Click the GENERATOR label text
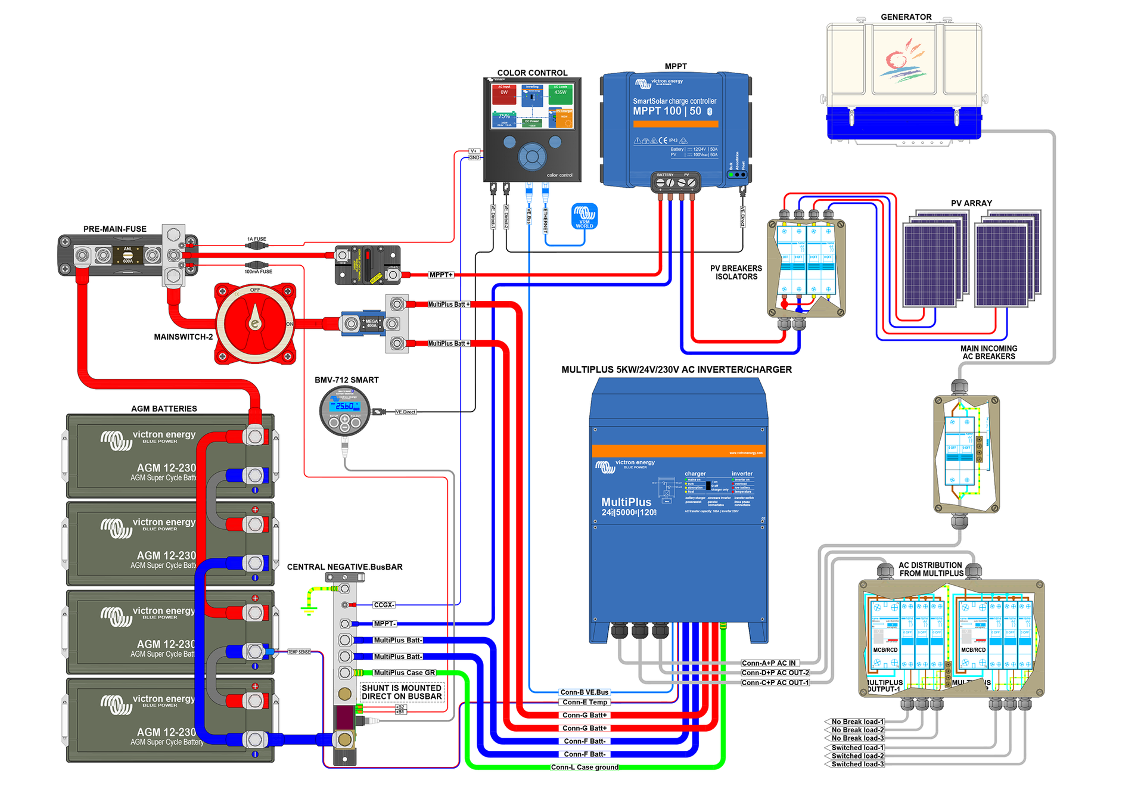coord(906,17)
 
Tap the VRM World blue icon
coord(585,216)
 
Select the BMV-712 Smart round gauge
coord(345,411)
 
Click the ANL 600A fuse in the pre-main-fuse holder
coord(128,256)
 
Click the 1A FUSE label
coord(257,239)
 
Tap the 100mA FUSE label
coord(258,272)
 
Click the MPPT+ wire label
coord(441,275)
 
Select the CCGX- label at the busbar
coord(384,605)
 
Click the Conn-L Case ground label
coord(585,767)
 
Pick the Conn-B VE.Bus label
coord(585,692)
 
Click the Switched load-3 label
coord(857,765)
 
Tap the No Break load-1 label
coord(857,722)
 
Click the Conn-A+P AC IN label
coord(769,663)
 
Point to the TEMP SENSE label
coord(299,652)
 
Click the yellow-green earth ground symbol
coord(309,610)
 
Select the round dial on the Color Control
coord(532,157)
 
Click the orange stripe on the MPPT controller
coord(676,125)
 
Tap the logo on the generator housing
coord(904,60)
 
